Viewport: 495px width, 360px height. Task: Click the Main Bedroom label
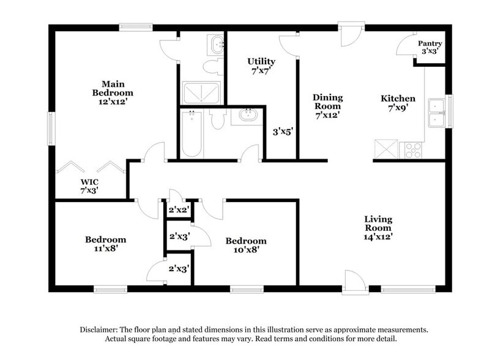(x=108, y=93)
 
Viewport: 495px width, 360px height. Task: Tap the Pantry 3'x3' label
(x=430, y=48)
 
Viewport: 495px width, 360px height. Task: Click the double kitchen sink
(x=437, y=113)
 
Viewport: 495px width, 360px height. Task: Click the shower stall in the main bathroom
(x=201, y=92)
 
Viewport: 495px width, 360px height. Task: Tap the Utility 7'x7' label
(x=261, y=66)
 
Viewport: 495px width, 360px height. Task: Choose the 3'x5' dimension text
(x=282, y=131)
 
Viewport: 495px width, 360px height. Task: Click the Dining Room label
(x=327, y=105)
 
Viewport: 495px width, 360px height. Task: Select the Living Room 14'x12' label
(x=378, y=227)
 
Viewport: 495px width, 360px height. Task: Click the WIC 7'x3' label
(x=89, y=186)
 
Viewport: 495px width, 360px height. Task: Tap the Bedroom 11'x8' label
(x=105, y=244)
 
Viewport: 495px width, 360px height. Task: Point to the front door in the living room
(x=354, y=283)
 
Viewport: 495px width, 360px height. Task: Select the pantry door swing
(x=405, y=47)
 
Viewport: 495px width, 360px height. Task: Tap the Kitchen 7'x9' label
(x=398, y=102)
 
